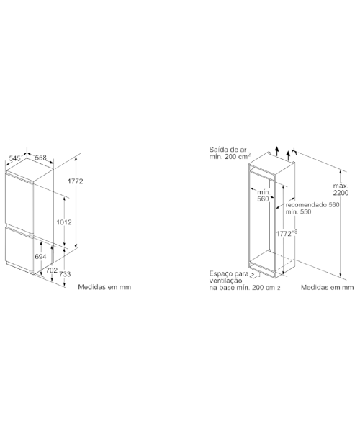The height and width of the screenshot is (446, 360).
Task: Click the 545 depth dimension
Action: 14,158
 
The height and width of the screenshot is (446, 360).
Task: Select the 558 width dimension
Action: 40,158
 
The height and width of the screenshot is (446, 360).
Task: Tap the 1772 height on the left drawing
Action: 75,181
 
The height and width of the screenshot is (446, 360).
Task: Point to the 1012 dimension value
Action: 64,222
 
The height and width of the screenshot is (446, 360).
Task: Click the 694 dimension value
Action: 40,257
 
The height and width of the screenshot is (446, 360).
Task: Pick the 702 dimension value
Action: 52,270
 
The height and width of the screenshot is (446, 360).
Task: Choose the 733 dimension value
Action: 65,274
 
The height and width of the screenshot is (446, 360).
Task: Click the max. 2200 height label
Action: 341,189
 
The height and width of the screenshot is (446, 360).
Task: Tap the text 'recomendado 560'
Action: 312,205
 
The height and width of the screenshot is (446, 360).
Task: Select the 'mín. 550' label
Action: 298,212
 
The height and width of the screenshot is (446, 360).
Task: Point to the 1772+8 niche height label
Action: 287,233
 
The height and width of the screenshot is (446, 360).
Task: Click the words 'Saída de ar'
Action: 228,150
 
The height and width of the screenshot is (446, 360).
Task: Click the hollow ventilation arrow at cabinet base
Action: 256,275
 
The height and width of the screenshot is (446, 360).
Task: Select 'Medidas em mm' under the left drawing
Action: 104,287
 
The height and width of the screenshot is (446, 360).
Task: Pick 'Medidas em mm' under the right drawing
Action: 328,288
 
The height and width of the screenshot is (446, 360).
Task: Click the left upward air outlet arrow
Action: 277,151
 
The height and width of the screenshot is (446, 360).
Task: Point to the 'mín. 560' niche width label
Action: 263,196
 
